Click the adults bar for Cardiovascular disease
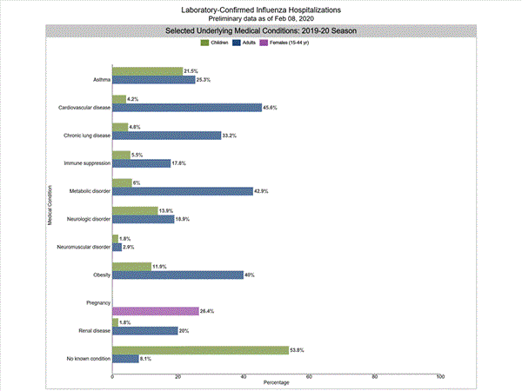click(x=187, y=108)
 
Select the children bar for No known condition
click(x=200, y=349)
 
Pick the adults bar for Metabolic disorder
click(x=183, y=191)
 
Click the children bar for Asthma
click(x=147, y=71)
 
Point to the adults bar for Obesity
click(x=177, y=275)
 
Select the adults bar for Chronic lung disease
click(x=167, y=136)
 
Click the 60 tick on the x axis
click(x=309, y=376)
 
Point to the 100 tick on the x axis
click(x=440, y=376)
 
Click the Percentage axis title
click(x=276, y=383)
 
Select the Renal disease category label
click(x=91, y=330)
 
